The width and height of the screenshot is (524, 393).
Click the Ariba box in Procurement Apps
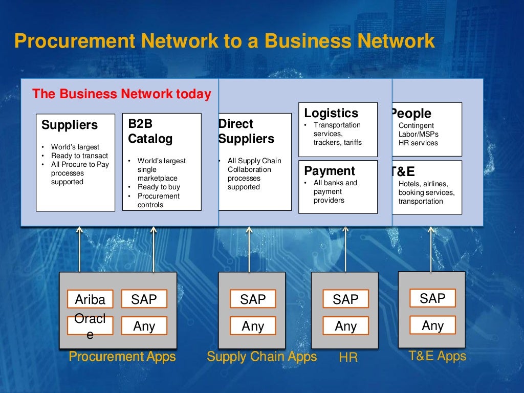(90, 299)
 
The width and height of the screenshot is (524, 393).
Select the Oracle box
(90, 326)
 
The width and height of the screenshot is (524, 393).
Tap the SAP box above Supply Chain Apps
(253, 299)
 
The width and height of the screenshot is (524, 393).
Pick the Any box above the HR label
(345, 326)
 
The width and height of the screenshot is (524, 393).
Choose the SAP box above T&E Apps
(432, 298)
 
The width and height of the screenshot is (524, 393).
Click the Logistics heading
(331, 113)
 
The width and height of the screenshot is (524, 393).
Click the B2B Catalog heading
(150, 131)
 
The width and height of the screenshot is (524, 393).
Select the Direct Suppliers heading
(246, 131)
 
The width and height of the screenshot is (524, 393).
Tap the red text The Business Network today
(121, 94)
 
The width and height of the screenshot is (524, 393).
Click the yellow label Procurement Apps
(122, 357)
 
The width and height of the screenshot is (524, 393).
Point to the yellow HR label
(348, 358)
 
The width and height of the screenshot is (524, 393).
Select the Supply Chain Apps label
(261, 357)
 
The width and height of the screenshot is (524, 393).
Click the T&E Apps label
(438, 356)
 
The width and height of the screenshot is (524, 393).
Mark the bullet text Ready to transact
(79, 156)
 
